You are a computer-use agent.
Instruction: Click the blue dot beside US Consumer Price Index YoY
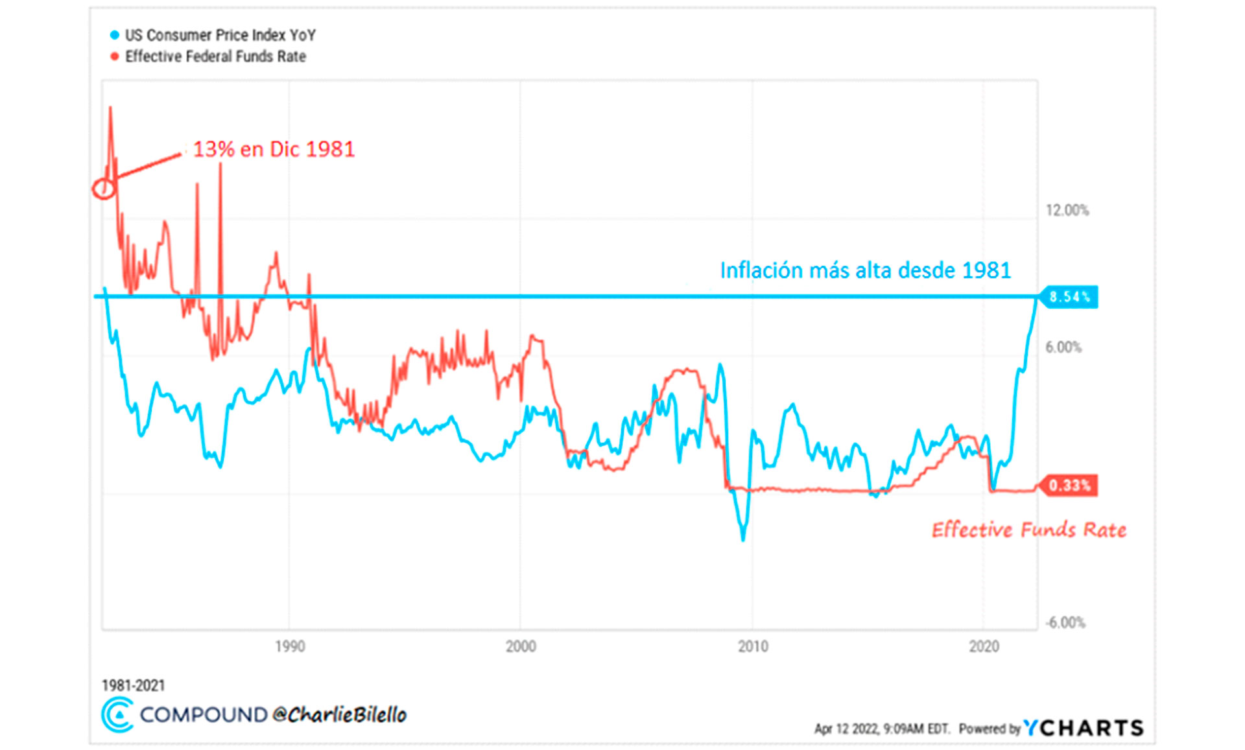tap(115, 35)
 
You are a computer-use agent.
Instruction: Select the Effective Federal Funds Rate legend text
tap(215, 57)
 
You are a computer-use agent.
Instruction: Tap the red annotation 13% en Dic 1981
tap(274, 149)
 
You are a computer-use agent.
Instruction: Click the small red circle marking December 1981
tap(104, 189)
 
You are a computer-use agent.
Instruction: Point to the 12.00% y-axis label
tap(1067, 210)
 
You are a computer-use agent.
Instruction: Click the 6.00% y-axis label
tap(1063, 347)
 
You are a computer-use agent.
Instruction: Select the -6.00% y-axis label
tap(1065, 623)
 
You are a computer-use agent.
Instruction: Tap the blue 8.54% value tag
tap(1069, 297)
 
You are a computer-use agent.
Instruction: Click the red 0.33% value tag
tap(1069, 486)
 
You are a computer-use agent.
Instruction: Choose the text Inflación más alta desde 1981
tap(866, 270)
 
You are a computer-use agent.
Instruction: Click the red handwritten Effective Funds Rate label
tap(1029, 530)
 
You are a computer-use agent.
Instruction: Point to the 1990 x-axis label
tap(289, 646)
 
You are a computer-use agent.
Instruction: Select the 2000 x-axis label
tap(521, 646)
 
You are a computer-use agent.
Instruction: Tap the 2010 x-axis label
tap(753, 646)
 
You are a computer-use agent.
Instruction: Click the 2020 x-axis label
tap(984, 646)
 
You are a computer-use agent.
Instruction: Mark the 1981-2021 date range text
tap(134, 685)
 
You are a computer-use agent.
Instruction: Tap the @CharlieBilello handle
tap(340, 715)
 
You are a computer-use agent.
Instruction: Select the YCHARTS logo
tap(1084, 728)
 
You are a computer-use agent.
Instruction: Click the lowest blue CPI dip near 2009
tap(743, 538)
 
